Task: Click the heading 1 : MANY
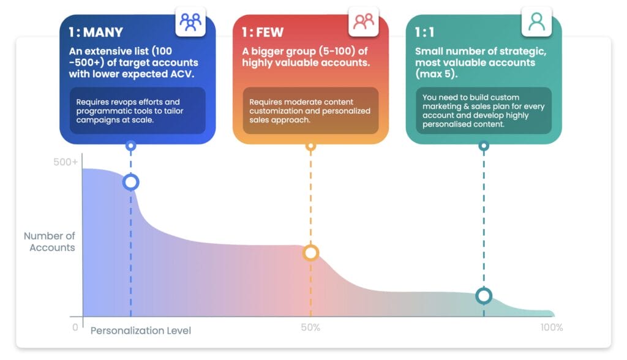point(96,32)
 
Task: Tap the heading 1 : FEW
point(263,32)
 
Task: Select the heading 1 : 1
point(424,32)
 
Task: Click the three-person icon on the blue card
point(190,22)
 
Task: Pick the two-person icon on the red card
point(364,21)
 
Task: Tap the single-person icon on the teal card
point(536,21)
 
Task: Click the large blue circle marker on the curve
point(131,182)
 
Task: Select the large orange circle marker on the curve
point(310,253)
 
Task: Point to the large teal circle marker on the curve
point(484,296)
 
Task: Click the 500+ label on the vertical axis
point(66,162)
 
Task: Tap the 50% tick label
point(310,328)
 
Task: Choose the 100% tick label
point(552,328)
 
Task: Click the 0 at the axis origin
point(75,328)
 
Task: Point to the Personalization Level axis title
point(141,331)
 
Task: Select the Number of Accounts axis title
point(50,242)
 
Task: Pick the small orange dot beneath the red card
point(310,146)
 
